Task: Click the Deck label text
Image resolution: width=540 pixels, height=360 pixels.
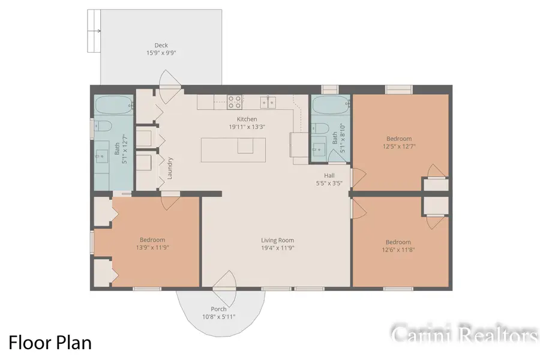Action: pos(161,45)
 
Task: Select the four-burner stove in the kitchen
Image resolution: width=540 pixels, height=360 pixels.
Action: pos(235,101)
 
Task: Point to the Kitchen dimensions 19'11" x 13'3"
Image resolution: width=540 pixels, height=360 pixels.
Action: pos(247,127)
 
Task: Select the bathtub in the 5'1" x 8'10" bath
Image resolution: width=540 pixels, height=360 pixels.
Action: pos(331,106)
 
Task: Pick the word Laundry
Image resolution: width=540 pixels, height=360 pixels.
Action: pos(170,169)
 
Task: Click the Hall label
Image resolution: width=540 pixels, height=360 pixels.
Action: pos(329,175)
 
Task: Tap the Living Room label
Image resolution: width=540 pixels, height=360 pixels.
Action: pos(277,240)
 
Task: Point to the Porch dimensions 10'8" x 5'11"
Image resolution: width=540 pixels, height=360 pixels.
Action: pos(219,317)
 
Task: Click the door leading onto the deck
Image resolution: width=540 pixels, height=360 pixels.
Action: pos(169,82)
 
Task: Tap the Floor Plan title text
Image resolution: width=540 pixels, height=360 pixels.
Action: pos(50,343)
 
